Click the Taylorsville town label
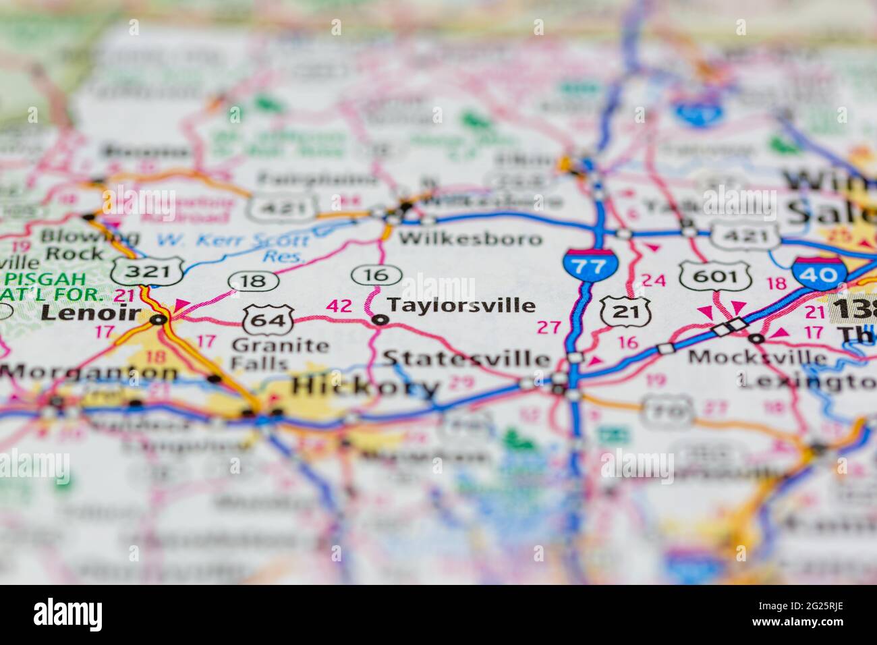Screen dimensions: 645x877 [461, 306]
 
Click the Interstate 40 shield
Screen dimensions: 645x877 [818, 273]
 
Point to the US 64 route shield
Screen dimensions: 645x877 [268, 318]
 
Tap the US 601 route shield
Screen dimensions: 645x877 [715, 275]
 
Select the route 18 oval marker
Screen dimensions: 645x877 [253, 280]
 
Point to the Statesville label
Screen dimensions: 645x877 [466, 358]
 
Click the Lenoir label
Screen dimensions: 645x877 [90, 312]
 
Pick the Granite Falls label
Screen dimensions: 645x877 [279, 354]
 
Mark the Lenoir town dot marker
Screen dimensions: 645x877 [159, 319]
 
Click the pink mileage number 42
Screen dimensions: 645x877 [339, 306]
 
